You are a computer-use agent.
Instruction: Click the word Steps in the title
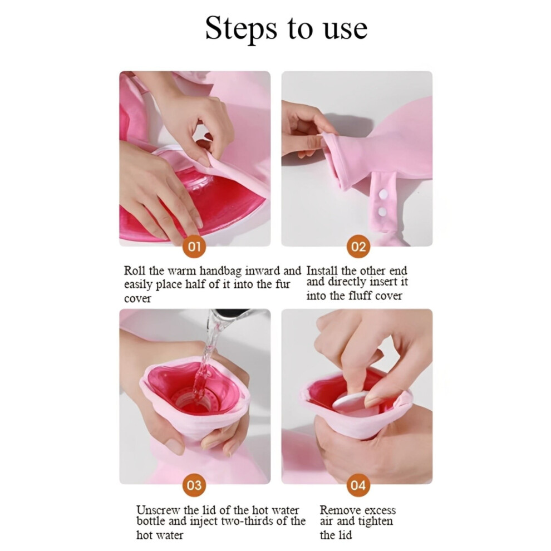pyautogui.click(x=240, y=29)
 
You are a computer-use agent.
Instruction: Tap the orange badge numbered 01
pyautogui.click(x=194, y=247)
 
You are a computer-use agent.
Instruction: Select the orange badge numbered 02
pyautogui.click(x=358, y=247)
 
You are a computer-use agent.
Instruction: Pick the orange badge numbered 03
pyautogui.click(x=194, y=485)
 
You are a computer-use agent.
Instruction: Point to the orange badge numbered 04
pyautogui.click(x=358, y=485)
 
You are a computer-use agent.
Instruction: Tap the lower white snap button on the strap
pyautogui.click(x=382, y=211)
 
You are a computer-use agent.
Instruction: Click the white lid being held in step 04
pyautogui.click(x=351, y=404)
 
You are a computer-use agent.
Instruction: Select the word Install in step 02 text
pyautogui.click(x=322, y=271)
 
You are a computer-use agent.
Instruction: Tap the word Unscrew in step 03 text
pyautogui.click(x=158, y=510)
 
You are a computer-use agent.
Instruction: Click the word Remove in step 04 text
pyautogui.click(x=338, y=510)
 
